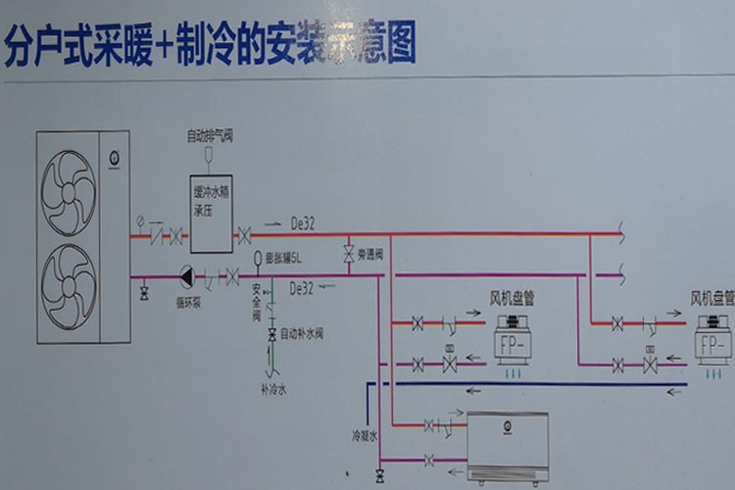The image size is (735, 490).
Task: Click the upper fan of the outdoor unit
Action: click(x=69, y=192)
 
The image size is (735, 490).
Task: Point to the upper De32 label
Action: click(x=303, y=223)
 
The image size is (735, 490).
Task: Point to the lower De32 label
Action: click(x=302, y=288)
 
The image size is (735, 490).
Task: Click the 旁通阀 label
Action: click(x=367, y=254)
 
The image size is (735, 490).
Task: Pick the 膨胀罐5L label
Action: click(x=284, y=259)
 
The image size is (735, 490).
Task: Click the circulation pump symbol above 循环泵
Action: click(x=186, y=276)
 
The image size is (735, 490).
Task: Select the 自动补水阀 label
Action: click(x=301, y=334)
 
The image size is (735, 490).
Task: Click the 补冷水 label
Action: click(x=273, y=389)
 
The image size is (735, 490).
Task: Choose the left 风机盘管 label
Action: click(x=518, y=296)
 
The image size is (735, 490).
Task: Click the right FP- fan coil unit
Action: click(x=712, y=344)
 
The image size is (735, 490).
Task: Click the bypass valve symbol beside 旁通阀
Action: click(x=347, y=255)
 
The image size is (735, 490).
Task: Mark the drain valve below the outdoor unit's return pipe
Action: click(x=145, y=292)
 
